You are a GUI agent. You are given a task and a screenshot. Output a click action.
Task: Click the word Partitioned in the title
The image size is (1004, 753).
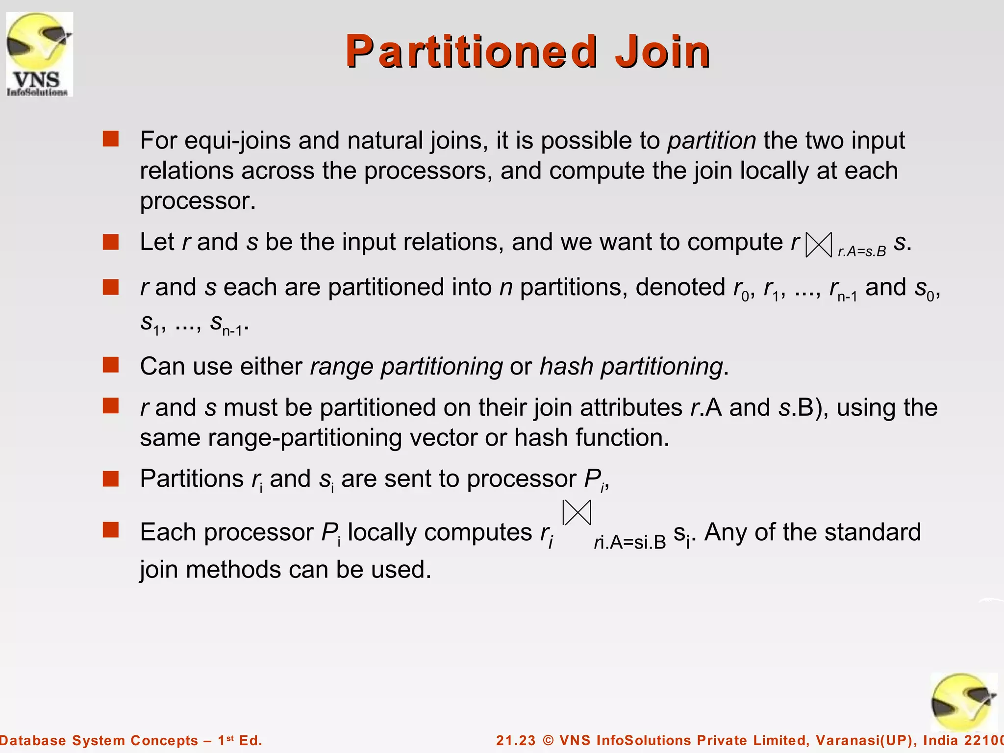(471, 51)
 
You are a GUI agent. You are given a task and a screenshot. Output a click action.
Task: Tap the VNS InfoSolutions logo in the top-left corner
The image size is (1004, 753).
(39, 54)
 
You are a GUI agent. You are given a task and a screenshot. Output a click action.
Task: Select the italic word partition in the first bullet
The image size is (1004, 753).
(711, 141)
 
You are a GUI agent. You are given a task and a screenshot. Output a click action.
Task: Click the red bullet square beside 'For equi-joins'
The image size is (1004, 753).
(111, 139)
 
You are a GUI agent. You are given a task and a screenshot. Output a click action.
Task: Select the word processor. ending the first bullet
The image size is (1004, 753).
(198, 201)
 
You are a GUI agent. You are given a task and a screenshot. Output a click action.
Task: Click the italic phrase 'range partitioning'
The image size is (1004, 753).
(406, 367)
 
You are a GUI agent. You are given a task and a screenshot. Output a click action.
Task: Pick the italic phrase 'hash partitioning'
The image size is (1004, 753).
(631, 367)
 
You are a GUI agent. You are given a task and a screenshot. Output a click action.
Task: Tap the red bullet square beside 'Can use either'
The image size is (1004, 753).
(111, 365)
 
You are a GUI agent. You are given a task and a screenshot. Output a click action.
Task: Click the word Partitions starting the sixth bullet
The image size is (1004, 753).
(192, 479)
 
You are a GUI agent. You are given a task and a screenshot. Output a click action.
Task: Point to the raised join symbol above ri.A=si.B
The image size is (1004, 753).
(577, 513)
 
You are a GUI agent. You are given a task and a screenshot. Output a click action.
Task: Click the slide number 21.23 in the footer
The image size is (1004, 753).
(516, 740)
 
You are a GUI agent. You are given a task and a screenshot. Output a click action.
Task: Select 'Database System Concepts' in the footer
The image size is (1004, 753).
(98, 740)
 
